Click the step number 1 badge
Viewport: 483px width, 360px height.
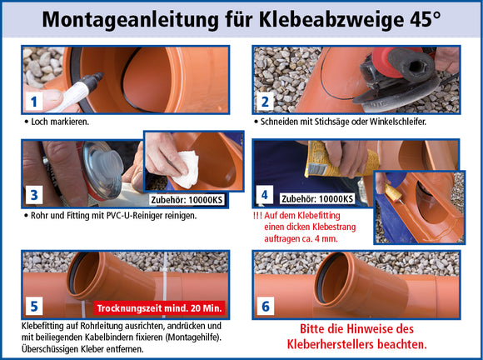pos(34,102)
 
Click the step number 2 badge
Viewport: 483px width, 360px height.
pos(266,102)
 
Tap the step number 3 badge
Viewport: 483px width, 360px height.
pos(34,195)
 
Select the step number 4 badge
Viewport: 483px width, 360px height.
pos(265,195)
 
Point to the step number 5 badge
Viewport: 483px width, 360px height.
pos(34,306)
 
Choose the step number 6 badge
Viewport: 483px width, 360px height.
pos(266,306)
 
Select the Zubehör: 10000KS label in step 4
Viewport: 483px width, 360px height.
pos(317,199)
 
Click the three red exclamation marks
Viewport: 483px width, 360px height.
pos(257,213)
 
